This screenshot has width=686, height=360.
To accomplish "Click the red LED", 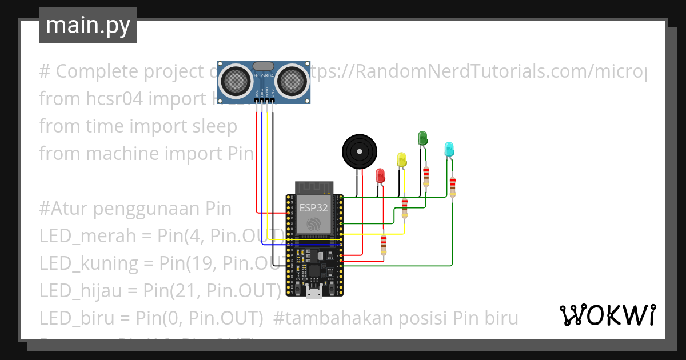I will [380, 175].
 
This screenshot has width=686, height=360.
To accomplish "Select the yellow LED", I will [401, 159].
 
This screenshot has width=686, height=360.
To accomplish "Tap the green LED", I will [422, 138].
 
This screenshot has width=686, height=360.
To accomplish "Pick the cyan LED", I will [449, 149].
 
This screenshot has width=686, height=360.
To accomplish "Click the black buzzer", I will [359, 151].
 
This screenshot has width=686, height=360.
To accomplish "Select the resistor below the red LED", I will [384, 245].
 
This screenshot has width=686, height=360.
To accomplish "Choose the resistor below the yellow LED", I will [405, 208].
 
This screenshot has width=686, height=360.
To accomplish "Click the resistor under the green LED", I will [426, 177].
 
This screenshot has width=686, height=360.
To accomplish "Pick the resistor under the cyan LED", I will [453, 187].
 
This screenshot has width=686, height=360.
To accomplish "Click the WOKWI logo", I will [607, 315].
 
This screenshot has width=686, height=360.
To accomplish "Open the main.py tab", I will [88, 25].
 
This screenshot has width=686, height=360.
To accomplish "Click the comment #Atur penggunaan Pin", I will [135, 209].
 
